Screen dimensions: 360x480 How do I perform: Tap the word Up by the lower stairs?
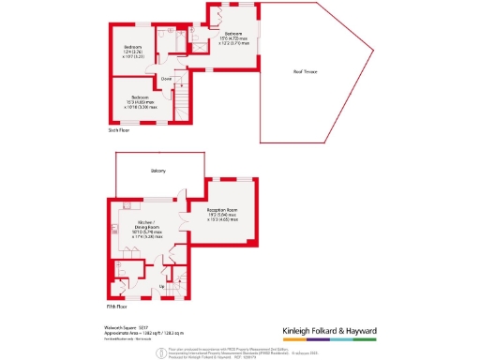[x=161, y=285]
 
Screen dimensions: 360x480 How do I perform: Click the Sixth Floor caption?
[x=118, y=132]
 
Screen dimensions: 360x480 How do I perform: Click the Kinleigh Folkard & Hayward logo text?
[x=344, y=330]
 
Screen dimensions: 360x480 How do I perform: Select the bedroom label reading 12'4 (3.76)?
[x=134, y=51]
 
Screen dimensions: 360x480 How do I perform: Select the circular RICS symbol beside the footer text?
[x=161, y=351]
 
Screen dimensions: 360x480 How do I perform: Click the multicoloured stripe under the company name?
[x=344, y=339]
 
